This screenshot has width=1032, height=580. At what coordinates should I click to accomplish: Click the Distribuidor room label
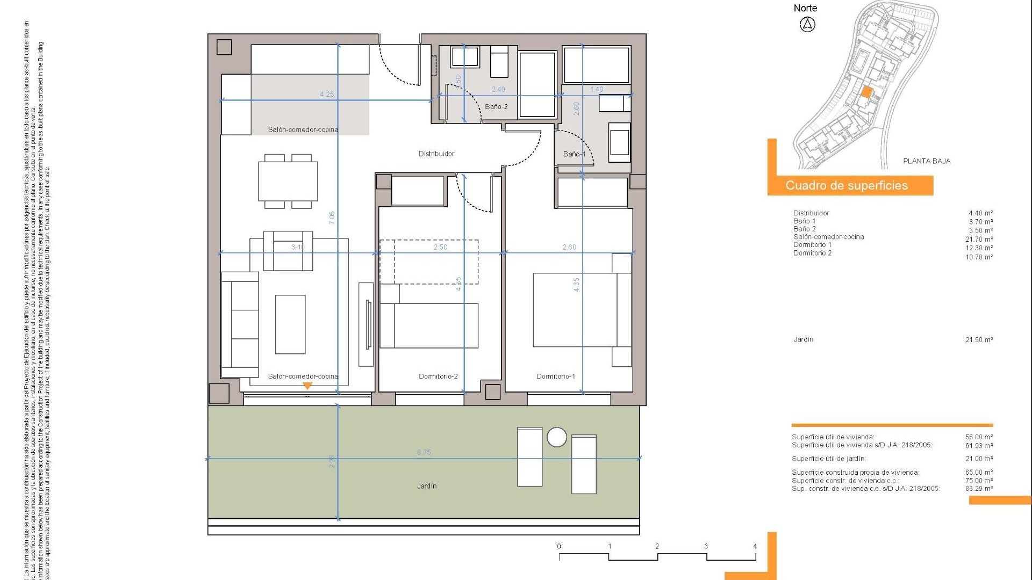[x=436, y=154]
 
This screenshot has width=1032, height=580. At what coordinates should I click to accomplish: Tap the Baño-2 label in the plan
[x=496, y=107]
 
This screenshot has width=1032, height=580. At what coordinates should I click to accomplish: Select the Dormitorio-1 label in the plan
[x=555, y=376]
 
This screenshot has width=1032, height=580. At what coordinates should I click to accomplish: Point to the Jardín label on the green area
[x=426, y=486]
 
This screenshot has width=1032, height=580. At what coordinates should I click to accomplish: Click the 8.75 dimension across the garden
[x=424, y=453]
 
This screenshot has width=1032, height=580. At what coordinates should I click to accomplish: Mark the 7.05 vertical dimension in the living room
[x=332, y=218]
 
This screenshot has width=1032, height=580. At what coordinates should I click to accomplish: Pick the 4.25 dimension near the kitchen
[x=326, y=95]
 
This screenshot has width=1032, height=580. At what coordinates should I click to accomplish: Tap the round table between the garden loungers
[x=556, y=437]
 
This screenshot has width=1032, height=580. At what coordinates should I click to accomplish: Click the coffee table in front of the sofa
[x=290, y=324]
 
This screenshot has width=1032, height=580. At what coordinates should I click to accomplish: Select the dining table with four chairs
[x=288, y=181]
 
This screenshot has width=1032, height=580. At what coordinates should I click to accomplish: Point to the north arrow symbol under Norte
[x=807, y=24]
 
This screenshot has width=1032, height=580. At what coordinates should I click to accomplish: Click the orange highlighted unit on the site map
[x=865, y=92]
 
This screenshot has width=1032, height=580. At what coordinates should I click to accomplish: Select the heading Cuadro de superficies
[x=846, y=186]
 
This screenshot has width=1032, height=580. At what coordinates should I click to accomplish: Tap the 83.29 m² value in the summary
[x=979, y=489]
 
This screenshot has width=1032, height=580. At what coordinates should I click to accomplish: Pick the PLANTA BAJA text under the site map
[x=926, y=161]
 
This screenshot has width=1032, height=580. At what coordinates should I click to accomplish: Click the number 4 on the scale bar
[x=755, y=546]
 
